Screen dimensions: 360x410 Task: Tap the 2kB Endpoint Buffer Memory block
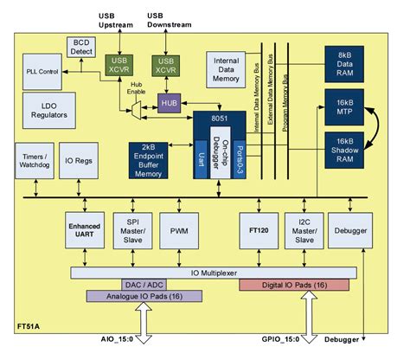pyautogui.click(x=155, y=157)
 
